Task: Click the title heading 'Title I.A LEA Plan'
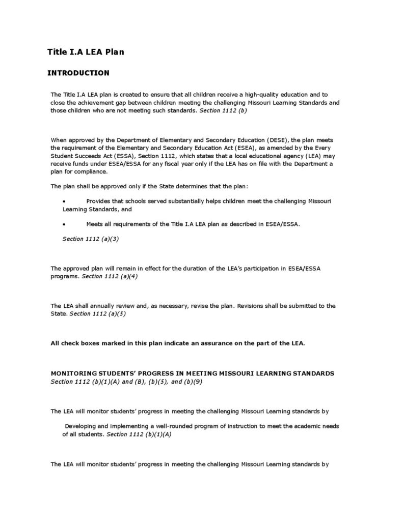click(x=86, y=51)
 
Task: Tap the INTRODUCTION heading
click(x=78, y=73)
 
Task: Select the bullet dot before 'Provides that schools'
click(x=64, y=201)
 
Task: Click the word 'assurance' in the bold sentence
click(x=221, y=343)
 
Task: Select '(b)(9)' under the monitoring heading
click(x=192, y=381)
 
